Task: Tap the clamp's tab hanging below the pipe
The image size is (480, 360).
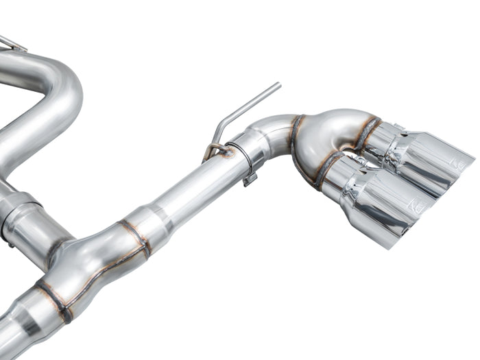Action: [250, 180]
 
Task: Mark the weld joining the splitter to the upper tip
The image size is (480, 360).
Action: [367, 134]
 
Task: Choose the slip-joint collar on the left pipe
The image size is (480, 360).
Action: [17, 213]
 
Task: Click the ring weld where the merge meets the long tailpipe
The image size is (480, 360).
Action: [137, 237]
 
